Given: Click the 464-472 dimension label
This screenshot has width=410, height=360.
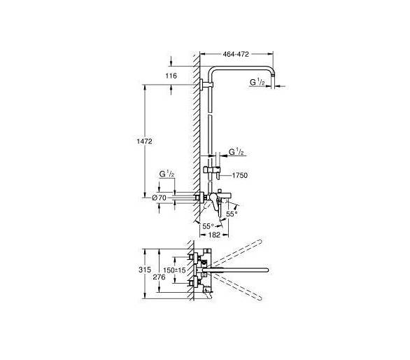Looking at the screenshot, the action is pos(236,54).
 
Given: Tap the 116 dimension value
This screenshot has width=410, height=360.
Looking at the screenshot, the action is pos(171,76).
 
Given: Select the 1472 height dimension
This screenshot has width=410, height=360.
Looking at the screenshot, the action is pos(144,141).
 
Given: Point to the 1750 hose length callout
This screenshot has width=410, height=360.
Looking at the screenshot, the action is pos(240,175).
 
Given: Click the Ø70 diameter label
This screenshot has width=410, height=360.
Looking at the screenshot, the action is pos(159,198).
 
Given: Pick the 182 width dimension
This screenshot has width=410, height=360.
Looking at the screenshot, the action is pos(214,235).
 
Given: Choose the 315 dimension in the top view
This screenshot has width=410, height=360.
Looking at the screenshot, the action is pos(145,270).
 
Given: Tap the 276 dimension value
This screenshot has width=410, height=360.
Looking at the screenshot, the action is pos(159,277).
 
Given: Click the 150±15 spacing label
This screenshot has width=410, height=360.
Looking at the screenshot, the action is pos(174,270).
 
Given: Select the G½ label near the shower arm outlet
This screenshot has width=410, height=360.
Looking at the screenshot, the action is pos(257,82).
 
